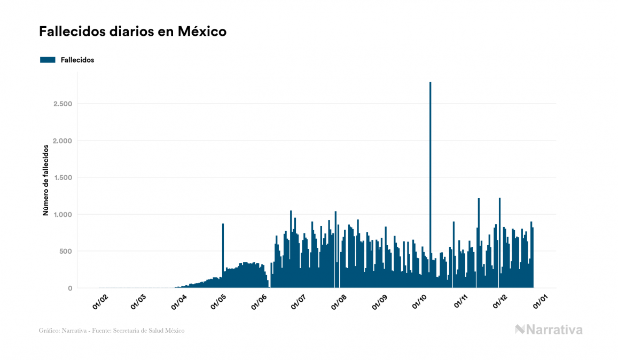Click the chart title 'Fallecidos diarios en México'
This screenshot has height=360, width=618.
tap(132, 32)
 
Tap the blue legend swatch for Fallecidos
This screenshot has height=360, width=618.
tap(48, 60)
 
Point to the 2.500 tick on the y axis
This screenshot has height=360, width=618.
tap(62, 104)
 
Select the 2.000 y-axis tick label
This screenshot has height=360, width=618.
tap(62, 140)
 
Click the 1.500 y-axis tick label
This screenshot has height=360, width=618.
tap(62, 177)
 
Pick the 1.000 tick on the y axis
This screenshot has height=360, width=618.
tap(62, 214)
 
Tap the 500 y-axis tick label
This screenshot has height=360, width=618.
tap(66, 251)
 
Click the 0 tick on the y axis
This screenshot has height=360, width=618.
tap(69, 288)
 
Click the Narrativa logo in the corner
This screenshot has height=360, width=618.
tap(549, 330)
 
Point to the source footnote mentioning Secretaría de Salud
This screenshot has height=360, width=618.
tap(112, 331)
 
